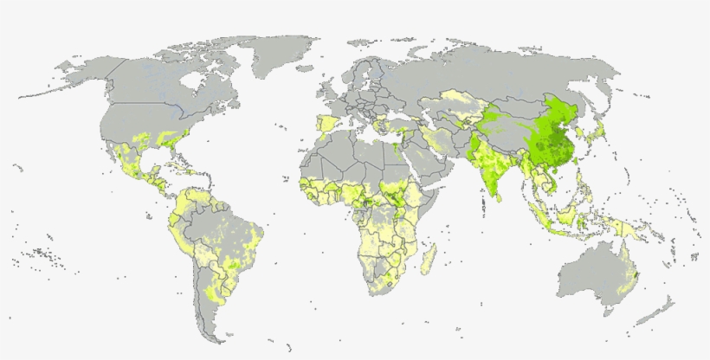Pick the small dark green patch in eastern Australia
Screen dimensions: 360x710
coord(636,274)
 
